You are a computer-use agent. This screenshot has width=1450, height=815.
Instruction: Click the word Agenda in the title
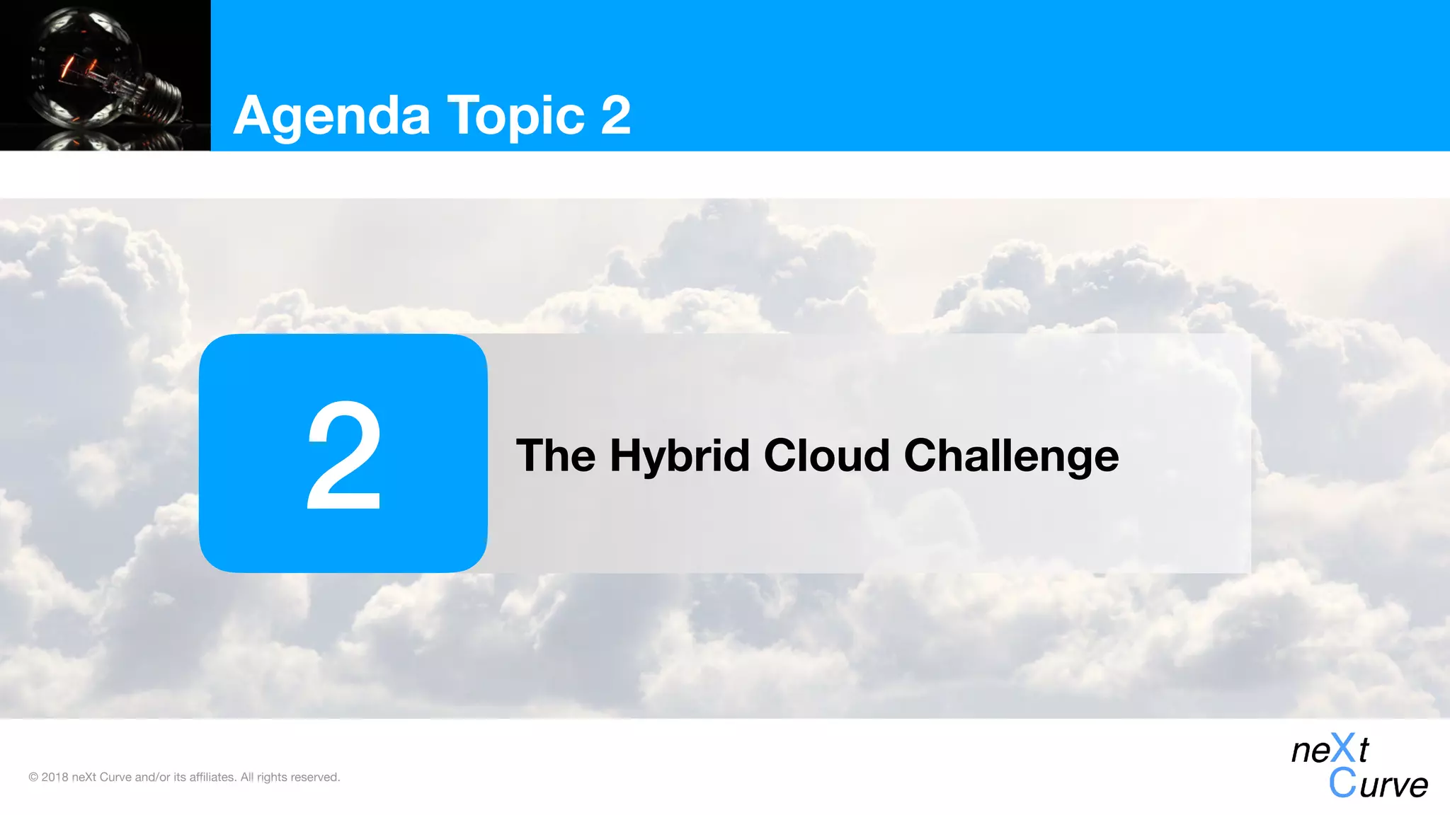[331, 116]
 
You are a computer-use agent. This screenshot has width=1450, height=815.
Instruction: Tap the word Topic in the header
[515, 116]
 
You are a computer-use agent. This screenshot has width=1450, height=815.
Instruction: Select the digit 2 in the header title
[615, 115]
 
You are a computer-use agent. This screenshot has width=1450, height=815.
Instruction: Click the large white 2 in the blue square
[344, 454]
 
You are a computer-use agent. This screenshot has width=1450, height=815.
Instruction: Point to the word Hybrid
[680, 456]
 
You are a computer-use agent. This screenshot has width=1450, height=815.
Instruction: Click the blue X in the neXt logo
[1342, 748]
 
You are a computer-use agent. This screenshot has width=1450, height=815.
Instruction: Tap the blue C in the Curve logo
[1342, 783]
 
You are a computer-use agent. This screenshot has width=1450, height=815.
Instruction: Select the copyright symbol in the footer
[33, 778]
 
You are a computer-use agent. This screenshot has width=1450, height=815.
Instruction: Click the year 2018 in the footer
[55, 778]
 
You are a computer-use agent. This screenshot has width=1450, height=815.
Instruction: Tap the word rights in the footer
[272, 778]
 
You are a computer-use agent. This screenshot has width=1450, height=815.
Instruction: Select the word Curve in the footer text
[115, 778]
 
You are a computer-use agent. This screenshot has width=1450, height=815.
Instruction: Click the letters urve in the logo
[1393, 785]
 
